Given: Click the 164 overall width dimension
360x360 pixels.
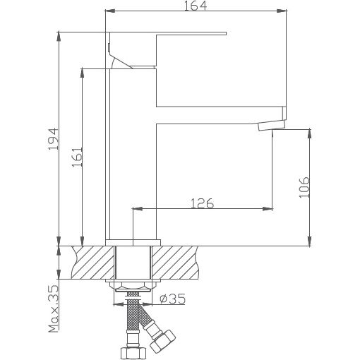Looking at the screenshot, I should pyautogui.click(x=197, y=6).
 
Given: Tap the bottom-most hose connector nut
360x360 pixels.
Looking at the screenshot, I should pyautogui.click(x=132, y=350).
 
